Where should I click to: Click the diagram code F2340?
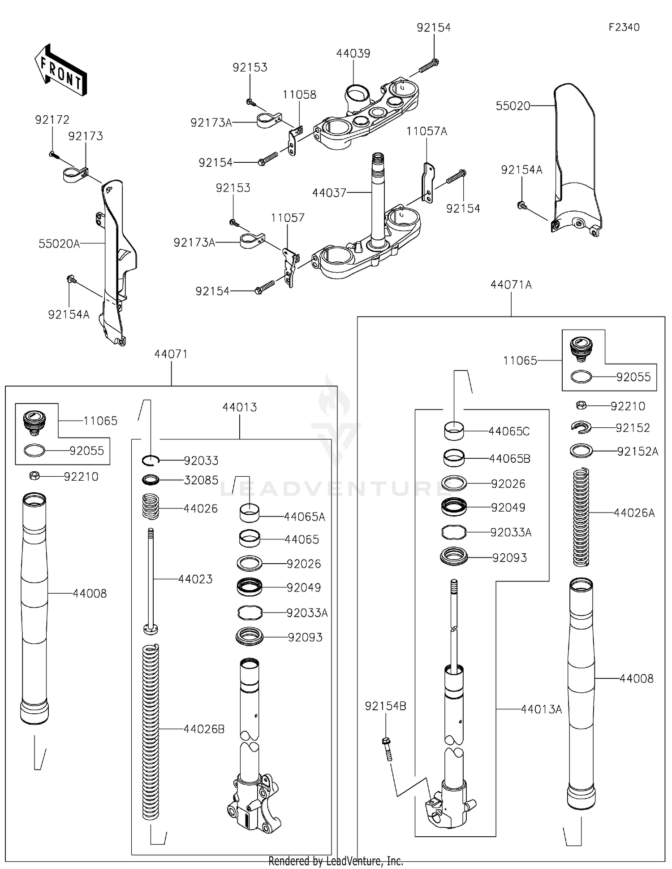[624, 27]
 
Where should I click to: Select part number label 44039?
[353, 53]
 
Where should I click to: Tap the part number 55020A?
[59, 243]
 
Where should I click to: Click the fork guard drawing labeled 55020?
[576, 157]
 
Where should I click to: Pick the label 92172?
[52, 120]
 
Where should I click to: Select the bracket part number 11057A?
[426, 131]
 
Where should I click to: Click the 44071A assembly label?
[511, 285]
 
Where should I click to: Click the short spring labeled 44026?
[151, 506]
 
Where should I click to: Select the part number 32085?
[201, 480]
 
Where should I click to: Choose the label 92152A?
[637, 452]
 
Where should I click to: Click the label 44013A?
[541, 709]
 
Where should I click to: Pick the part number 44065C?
[508, 431]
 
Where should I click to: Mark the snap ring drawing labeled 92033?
[151, 460]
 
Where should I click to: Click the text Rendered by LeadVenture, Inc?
[336, 861]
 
